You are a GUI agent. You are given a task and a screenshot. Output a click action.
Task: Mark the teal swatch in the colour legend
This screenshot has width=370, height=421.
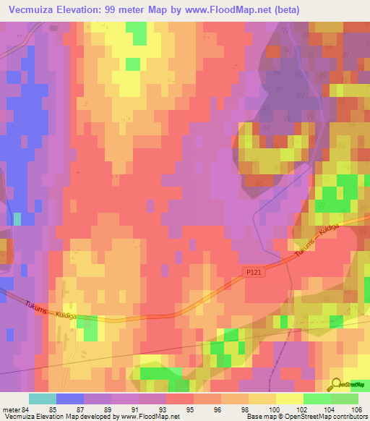pyautogui.click(x=43, y=399)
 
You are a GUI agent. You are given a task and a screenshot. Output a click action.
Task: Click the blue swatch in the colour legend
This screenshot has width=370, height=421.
pyautogui.click(x=70, y=399)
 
